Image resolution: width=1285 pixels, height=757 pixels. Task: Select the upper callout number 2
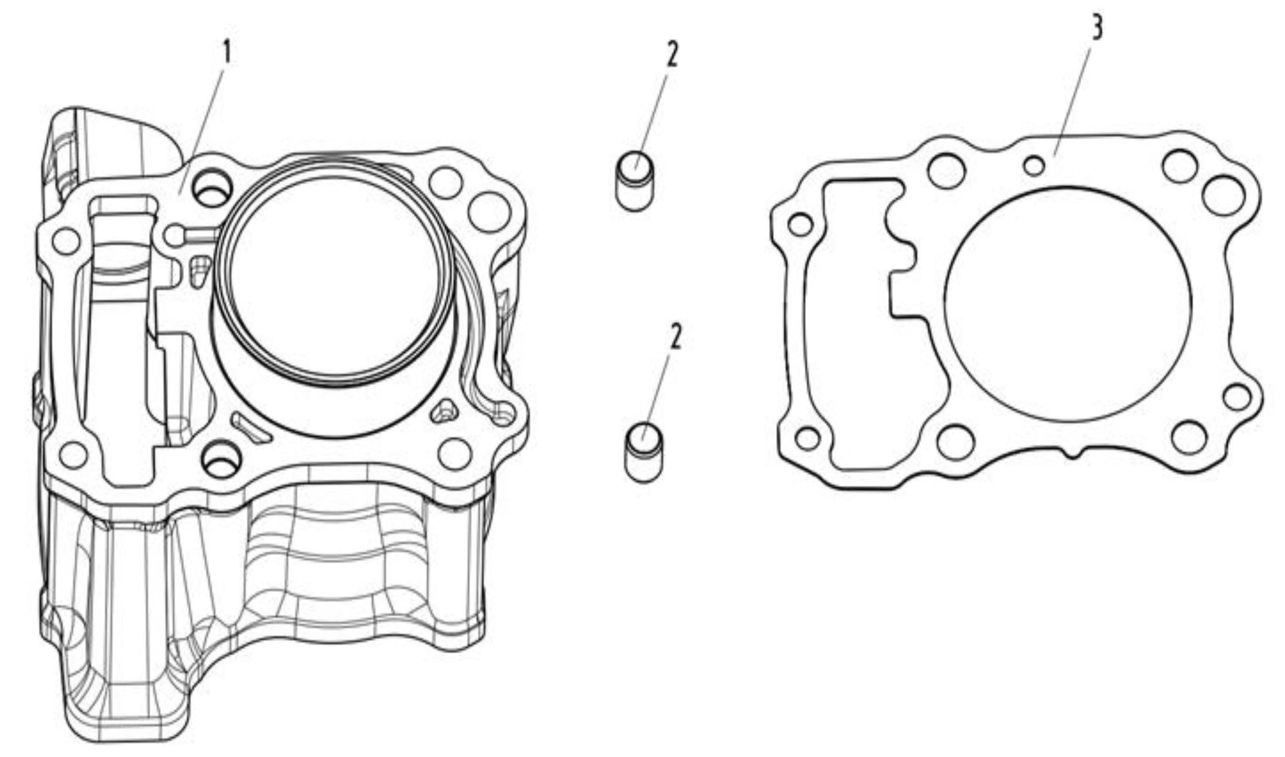coord(673,55)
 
